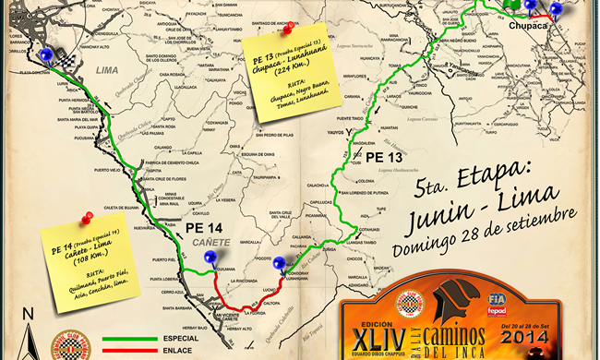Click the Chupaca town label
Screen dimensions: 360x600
tap(528, 27)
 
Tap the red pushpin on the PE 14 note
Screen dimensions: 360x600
tap(89, 218)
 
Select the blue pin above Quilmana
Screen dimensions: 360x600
tap(210, 257)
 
